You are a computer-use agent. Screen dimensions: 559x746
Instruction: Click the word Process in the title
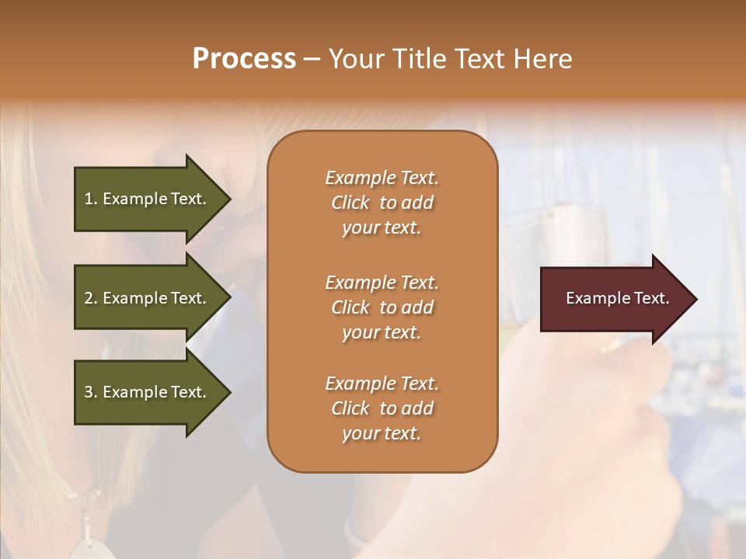point(244,59)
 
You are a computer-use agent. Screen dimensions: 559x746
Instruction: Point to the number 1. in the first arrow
point(91,199)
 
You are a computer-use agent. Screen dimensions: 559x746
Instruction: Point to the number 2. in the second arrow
point(91,298)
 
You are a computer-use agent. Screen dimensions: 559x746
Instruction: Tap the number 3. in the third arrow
point(91,392)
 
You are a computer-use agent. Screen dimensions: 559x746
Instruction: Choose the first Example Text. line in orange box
point(382,178)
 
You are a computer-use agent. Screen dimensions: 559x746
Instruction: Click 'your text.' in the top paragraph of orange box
point(382,228)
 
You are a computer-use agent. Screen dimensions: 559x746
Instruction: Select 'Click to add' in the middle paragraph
point(382,307)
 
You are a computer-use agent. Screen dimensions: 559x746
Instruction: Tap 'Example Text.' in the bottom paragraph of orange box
point(382,384)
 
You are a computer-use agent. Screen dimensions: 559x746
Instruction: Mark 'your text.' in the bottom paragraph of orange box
point(382,434)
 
